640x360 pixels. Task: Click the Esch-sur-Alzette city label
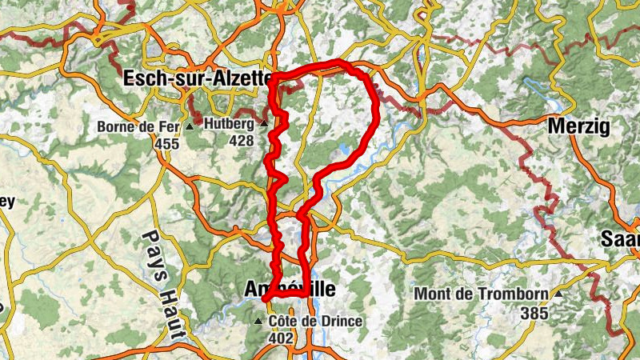[x=196, y=78]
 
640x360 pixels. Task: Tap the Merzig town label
[x=578, y=126]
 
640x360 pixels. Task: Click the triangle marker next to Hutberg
[x=263, y=124]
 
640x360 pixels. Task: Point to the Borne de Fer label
[x=139, y=126]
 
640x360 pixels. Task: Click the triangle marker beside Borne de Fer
[x=190, y=127]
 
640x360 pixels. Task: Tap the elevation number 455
[x=168, y=143]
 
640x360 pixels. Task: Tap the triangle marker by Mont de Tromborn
[x=558, y=294]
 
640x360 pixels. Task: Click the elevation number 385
[x=534, y=313]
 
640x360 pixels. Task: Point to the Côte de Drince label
[x=315, y=322]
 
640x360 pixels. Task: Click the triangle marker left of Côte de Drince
[x=258, y=322]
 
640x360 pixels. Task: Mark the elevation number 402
[x=280, y=338]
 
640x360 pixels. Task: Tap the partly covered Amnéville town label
[x=289, y=290]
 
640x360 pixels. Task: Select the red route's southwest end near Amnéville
[x=263, y=298]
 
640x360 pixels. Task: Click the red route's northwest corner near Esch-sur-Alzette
[x=272, y=80]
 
